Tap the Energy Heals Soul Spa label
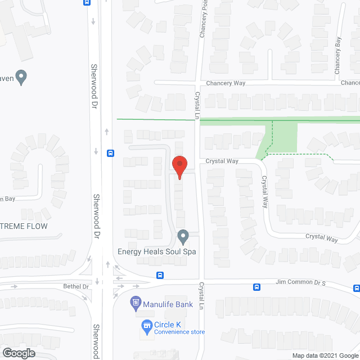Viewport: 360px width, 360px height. (157, 251)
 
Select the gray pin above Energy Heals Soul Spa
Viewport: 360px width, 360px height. (183, 236)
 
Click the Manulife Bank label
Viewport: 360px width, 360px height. (168, 305)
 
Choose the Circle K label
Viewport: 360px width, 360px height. (170, 324)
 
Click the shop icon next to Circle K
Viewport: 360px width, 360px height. (146, 325)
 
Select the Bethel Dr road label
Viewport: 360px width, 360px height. (78, 287)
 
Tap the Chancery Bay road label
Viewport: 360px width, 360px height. (337, 56)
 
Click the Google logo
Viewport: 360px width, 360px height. (19, 353)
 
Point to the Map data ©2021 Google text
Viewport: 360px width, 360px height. (325, 355)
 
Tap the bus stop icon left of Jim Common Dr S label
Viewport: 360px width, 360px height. (257, 287)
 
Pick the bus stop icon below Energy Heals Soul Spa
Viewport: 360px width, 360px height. (160, 276)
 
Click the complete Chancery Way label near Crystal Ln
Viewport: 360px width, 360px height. (226, 83)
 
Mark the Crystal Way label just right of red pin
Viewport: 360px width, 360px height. (222, 161)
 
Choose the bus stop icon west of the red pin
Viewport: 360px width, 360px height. (111, 152)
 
